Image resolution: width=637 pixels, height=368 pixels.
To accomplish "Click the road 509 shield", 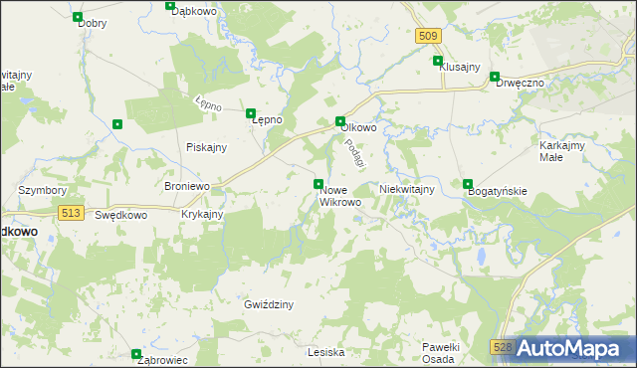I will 427,36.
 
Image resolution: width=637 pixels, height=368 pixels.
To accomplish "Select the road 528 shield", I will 503,345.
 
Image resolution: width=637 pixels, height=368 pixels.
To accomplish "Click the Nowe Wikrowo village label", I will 339,195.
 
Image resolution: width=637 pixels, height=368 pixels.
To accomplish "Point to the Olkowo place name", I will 358,127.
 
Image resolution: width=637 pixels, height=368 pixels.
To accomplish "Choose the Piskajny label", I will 207,147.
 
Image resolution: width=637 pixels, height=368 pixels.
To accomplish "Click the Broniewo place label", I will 186,186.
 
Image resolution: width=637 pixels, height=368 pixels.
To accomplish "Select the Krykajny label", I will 202,214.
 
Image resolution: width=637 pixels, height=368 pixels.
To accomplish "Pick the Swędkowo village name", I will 121,214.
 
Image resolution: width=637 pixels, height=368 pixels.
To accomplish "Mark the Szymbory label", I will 43,190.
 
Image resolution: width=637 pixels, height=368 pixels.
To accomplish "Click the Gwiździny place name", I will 269,304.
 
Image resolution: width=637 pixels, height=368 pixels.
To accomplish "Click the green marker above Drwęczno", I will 495,77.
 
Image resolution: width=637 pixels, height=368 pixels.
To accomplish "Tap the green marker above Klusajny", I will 437,61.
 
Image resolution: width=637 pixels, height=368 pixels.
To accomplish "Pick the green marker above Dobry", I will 79,17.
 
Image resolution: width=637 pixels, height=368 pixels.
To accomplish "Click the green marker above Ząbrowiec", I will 136,353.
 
